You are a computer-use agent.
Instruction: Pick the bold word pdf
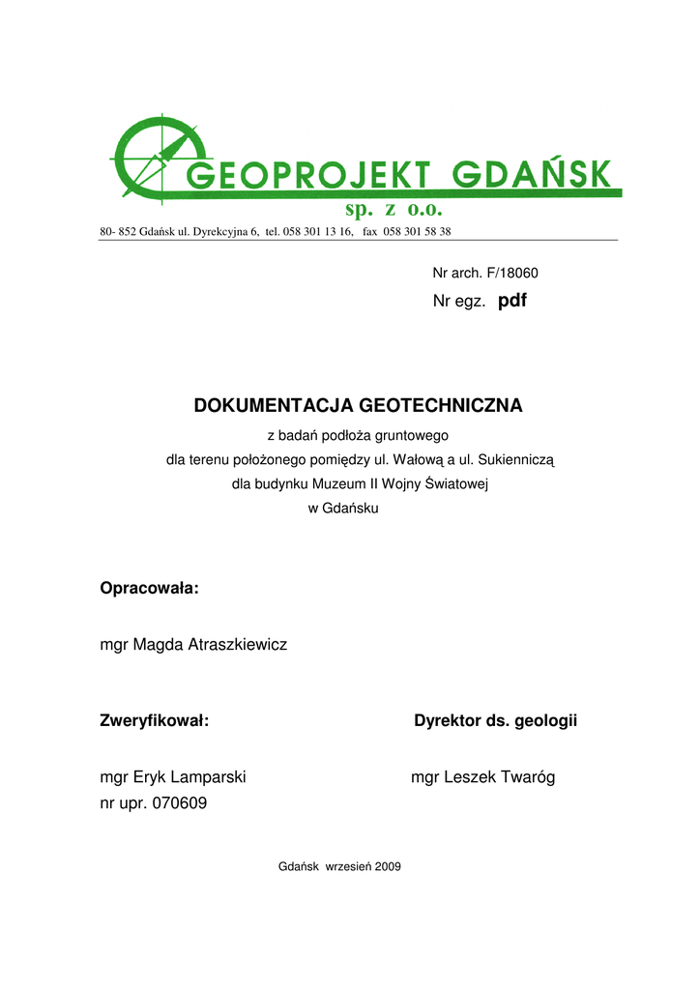pos(512,302)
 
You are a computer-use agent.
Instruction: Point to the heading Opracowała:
pos(150,588)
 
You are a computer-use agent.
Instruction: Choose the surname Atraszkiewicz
pos(238,644)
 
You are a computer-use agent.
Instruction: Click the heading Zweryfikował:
pos(155,720)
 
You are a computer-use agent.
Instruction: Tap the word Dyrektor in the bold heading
pos(450,720)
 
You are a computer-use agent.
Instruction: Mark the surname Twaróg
pos(523,777)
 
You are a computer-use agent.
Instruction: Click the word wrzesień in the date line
pos(346,867)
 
